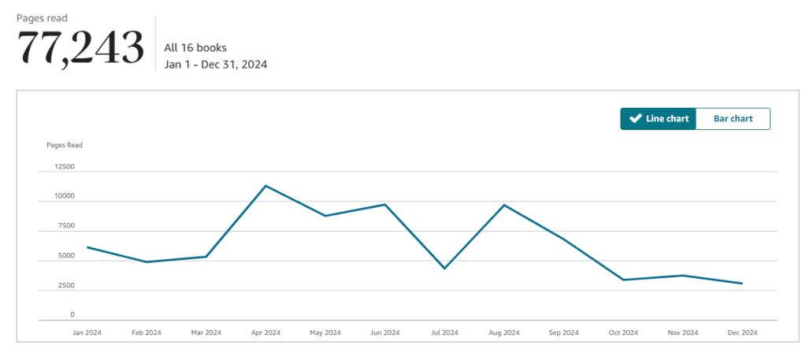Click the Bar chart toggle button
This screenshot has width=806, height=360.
pos(733,119)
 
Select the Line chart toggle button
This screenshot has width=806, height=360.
pos(658,119)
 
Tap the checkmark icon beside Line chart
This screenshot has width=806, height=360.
pos(635,119)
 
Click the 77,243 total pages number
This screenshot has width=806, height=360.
pos(80,48)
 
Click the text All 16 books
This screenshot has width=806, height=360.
pos(195,48)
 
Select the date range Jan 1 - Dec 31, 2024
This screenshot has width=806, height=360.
pos(215,65)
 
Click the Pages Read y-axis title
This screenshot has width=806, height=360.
pos(65,145)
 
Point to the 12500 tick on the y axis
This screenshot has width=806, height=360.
pos(64,167)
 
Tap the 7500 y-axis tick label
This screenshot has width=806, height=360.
pos(65,226)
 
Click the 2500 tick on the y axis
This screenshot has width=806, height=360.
pos(65,286)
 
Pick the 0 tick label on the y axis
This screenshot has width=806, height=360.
pos(72,315)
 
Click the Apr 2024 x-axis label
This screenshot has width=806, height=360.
pos(266,332)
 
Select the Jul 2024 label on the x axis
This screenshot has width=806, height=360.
pos(444,332)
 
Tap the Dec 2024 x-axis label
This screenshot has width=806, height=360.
pos(741,332)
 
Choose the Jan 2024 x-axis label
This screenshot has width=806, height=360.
pos(87,332)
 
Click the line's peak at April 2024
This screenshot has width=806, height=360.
pos(266,186)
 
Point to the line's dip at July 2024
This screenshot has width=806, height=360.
pos(444,269)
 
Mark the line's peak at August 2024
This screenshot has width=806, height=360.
pos(504,205)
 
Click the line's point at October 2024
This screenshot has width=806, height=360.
pos(622,280)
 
